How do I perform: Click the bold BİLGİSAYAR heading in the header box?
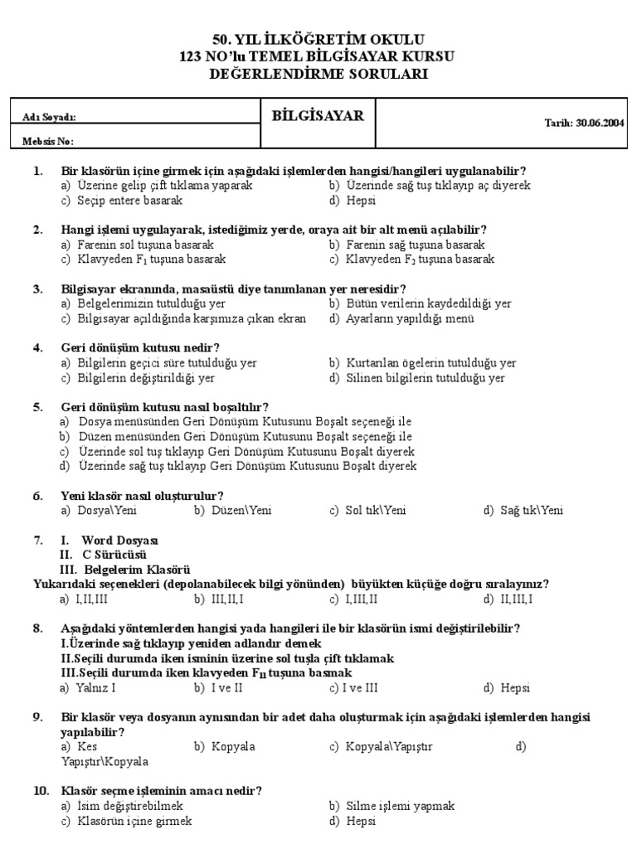coord(318,116)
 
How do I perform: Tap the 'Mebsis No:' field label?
coord(49,142)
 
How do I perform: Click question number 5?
coord(37,407)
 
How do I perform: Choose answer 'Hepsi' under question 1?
coord(362,200)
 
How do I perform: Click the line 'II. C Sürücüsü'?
coord(103,555)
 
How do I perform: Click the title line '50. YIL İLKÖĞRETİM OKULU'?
coord(319,40)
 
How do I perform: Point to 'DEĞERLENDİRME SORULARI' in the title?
coord(319,73)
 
